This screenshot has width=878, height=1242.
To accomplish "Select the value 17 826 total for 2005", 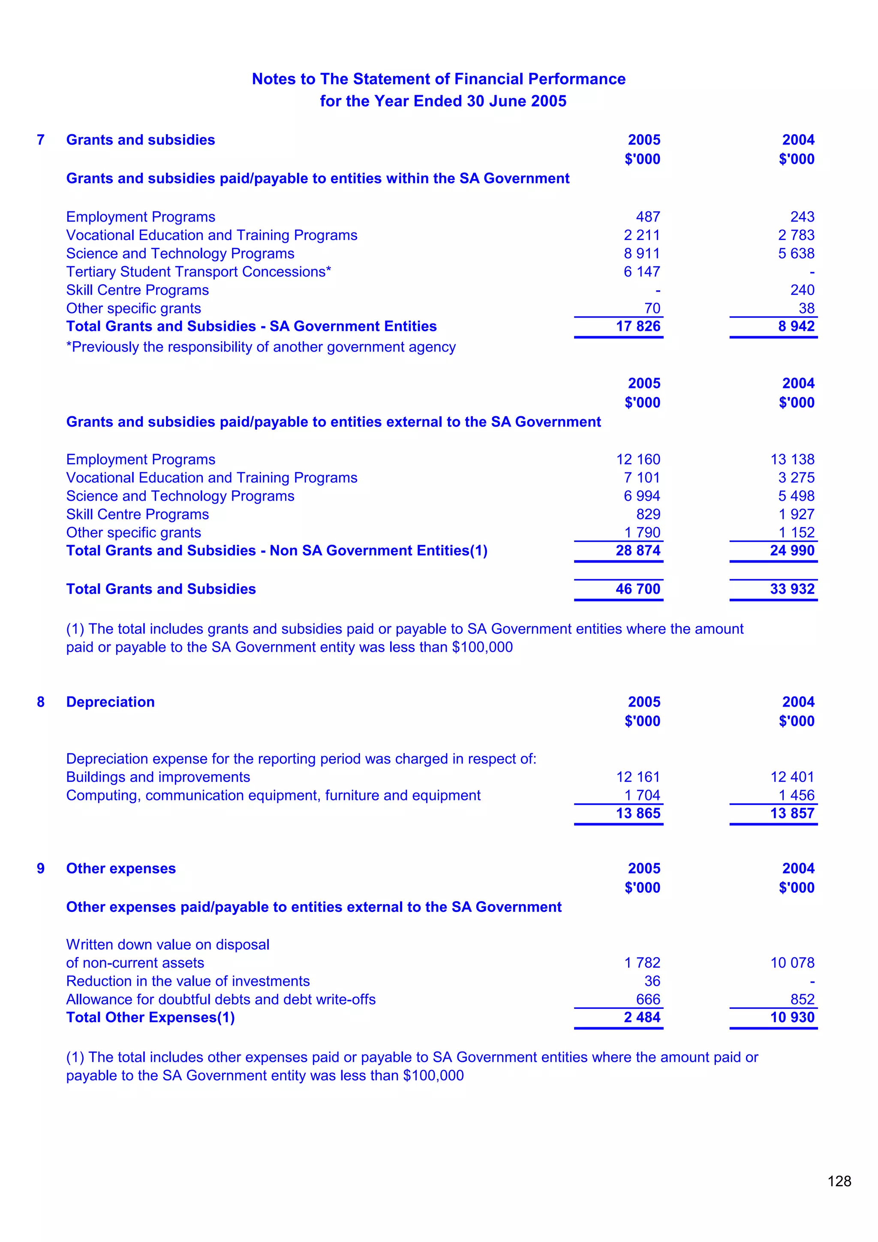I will pos(638,326).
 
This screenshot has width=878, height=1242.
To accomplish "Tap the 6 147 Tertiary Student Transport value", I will pos(642,271).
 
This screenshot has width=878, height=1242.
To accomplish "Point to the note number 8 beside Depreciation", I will pos(41,702).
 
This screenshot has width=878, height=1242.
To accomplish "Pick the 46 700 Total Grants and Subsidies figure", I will pos(638,589).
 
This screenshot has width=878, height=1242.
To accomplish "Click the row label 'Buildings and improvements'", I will pos(158,777).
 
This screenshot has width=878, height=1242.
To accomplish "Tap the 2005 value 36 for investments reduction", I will pos(652,981).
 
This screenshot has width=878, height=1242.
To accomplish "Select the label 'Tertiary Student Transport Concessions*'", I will pos(198,271).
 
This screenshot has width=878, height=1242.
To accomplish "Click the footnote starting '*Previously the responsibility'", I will pos(261,347).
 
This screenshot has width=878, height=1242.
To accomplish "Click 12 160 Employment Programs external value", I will pos(638,459).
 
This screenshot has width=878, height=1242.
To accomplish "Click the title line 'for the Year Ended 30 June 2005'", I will pos(442,101).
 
